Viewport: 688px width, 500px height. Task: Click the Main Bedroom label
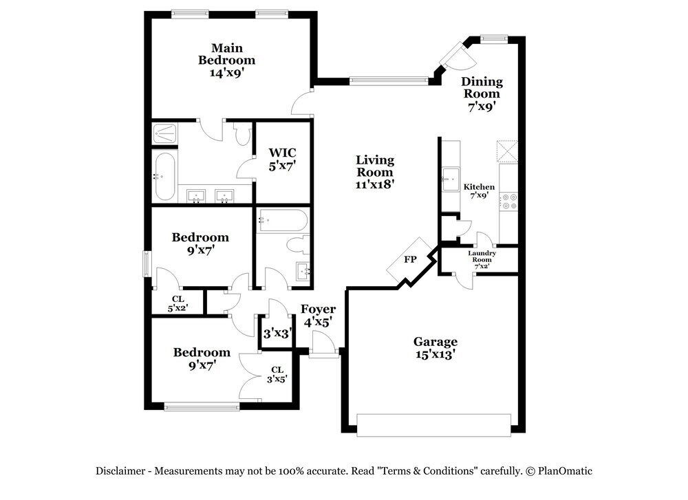(226, 54)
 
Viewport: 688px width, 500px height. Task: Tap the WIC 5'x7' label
(283, 159)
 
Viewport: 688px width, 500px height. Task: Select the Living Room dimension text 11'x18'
(375, 184)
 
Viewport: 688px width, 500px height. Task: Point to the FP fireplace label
(410, 259)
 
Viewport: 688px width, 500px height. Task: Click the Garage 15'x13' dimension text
(435, 354)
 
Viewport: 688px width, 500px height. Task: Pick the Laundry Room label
(482, 256)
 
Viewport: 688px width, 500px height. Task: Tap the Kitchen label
(479, 187)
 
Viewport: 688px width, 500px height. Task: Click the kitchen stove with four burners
(509, 202)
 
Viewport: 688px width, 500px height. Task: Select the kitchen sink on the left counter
(451, 179)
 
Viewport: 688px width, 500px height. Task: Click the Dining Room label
(482, 87)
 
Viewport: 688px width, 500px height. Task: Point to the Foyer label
(318, 309)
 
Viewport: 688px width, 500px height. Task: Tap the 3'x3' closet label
(277, 334)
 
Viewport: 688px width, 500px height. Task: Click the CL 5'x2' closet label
(178, 303)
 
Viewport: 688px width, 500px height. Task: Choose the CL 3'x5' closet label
(277, 375)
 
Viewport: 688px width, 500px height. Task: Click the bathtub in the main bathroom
(165, 176)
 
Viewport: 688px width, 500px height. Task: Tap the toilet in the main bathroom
(241, 134)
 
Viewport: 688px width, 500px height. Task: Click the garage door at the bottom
(434, 425)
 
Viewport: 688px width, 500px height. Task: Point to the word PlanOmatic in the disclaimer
(565, 471)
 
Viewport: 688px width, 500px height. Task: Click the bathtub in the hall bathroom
(283, 220)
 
